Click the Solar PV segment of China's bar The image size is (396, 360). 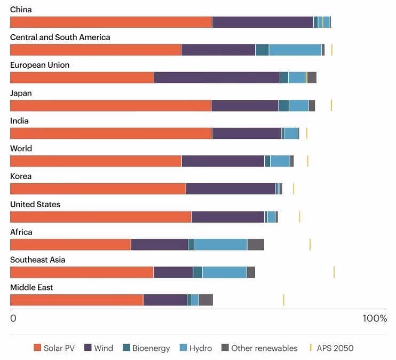tap(111, 22)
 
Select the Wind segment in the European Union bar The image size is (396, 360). tap(217, 77)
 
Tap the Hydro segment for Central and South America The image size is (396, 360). tap(295, 50)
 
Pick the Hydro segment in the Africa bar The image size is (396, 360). tap(220, 245)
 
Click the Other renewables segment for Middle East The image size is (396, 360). tap(205, 300)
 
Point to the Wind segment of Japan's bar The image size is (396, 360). tap(244, 105)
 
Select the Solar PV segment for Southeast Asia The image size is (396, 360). tap(82, 272)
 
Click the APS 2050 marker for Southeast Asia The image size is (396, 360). tap(334, 272)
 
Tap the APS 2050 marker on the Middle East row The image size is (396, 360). tap(283, 300)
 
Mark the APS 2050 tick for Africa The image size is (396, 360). tap(310, 245)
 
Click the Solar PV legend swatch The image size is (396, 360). tap(37, 348)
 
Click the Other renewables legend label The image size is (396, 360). tap(264, 348)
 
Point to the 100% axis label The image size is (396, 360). tap(375, 319)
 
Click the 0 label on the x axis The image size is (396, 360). tap(13, 319)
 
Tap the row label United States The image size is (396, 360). tap(35, 205)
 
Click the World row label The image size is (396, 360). tap(21, 148)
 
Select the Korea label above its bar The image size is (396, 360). tap(21, 176)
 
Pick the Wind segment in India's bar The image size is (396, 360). tap(247, 133)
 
